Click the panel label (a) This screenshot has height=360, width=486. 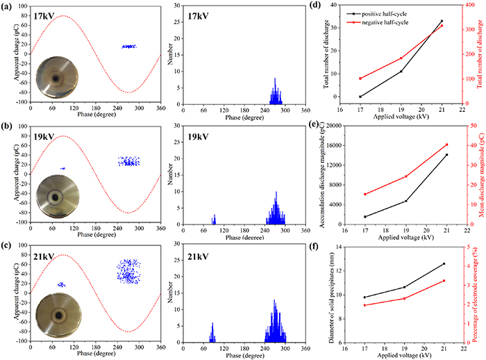click(8, 6)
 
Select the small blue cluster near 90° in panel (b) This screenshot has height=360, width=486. click(62, 168)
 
